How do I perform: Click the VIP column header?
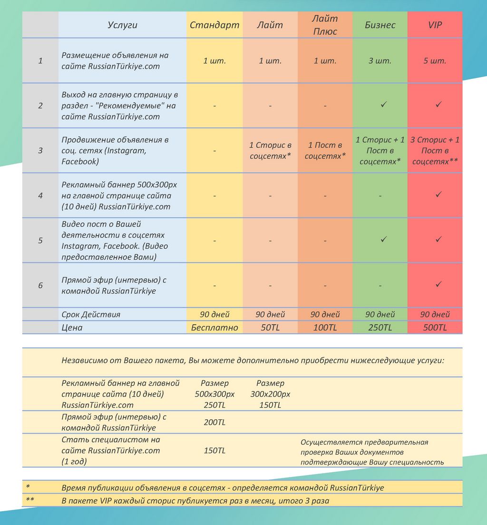tap(435, 25)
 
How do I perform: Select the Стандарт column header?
tap(214, 25)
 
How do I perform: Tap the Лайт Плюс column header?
tap(325, 25)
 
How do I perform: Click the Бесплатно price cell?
tap(214, 328)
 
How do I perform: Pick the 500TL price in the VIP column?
tap(435, 328)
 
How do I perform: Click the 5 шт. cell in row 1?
tap(435, 61)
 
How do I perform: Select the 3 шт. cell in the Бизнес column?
tap(380, 61)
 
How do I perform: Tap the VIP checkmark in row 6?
tap(438, 284)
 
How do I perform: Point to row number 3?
tap(40, 151)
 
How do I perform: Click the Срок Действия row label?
tap(91, 314)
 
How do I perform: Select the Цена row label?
tap(72, 328)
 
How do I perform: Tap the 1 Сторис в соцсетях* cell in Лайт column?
tap(270, 151)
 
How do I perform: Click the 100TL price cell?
tap(325, 328)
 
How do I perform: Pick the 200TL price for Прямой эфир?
tap(214, 422)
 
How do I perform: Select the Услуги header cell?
tap(122, 25)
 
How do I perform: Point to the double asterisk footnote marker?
tap(29, 501)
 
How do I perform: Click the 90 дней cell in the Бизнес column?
tap(380, 314)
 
